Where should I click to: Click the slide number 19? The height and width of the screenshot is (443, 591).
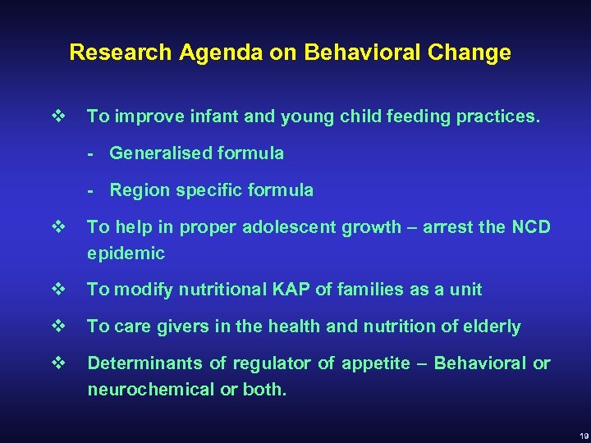[x=580, y=436]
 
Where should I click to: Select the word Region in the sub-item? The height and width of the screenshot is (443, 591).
[x=136, y=190]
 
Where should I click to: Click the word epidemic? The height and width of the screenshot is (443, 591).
[x=126, y=254]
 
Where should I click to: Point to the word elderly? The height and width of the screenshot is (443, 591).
[x=493, y=327]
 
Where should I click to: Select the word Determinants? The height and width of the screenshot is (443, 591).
[x=141, y=363]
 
